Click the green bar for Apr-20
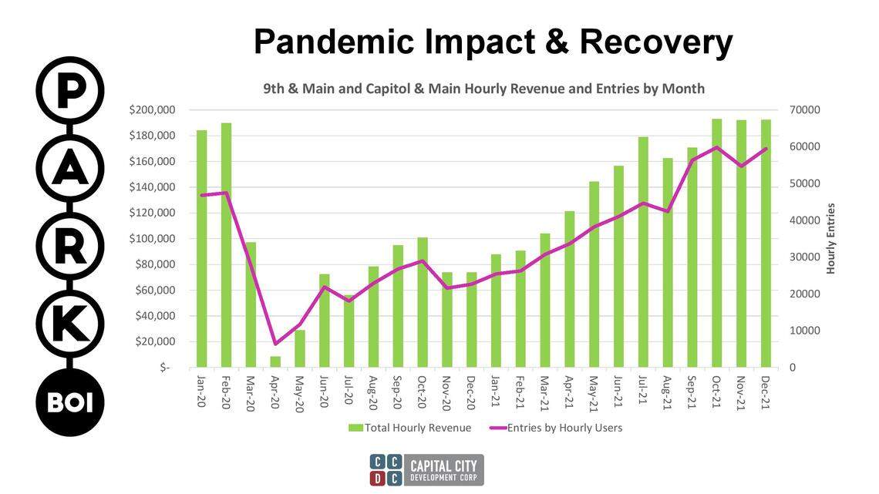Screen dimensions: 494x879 [275, 361]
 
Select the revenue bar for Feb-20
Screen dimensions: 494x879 [226, 245]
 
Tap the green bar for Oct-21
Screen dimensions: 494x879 [716, 244]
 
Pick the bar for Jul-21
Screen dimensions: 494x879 [642, 252]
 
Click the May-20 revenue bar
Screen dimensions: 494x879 [300, 348]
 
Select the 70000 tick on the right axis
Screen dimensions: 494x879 [804, 110]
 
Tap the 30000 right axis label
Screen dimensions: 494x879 [804, 257]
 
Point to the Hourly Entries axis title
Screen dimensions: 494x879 [831, 238]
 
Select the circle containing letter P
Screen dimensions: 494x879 [70, 90]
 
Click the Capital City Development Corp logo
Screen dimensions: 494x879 [426, 469]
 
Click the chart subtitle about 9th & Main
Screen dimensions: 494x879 [484, 89]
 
